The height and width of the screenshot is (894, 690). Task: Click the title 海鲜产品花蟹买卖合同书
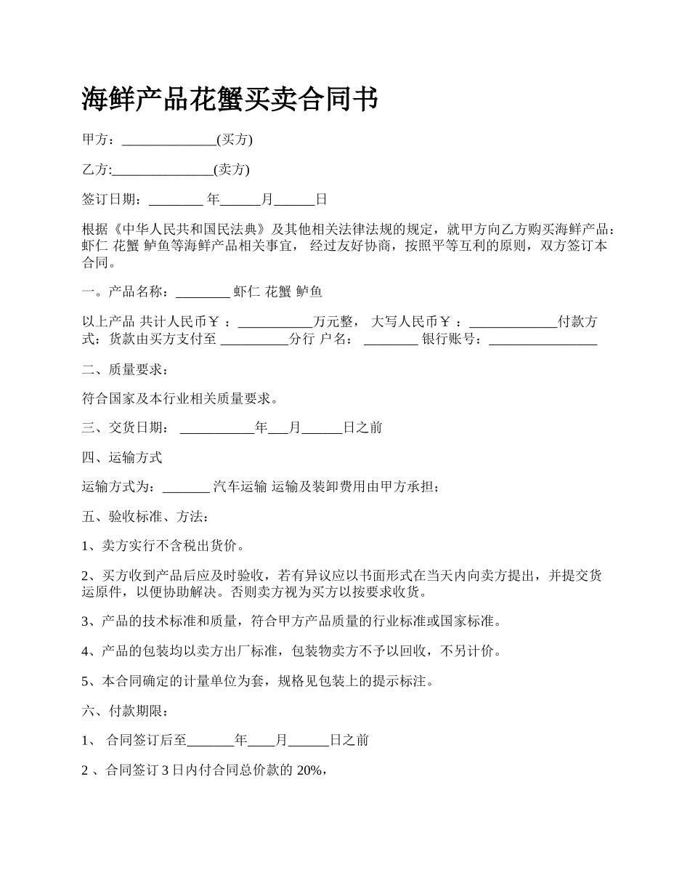230,99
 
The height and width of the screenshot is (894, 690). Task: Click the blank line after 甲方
169,140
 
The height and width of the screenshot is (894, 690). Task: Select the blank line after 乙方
163,170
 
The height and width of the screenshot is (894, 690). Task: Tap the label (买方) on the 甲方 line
235,140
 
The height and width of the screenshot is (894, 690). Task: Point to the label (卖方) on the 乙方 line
232,169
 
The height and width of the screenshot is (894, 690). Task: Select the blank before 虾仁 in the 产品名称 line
203,293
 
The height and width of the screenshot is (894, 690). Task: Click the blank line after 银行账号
543,339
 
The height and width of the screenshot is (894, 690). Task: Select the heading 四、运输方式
121,458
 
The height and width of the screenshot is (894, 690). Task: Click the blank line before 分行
253,339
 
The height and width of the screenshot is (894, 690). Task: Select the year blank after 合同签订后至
211,741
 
